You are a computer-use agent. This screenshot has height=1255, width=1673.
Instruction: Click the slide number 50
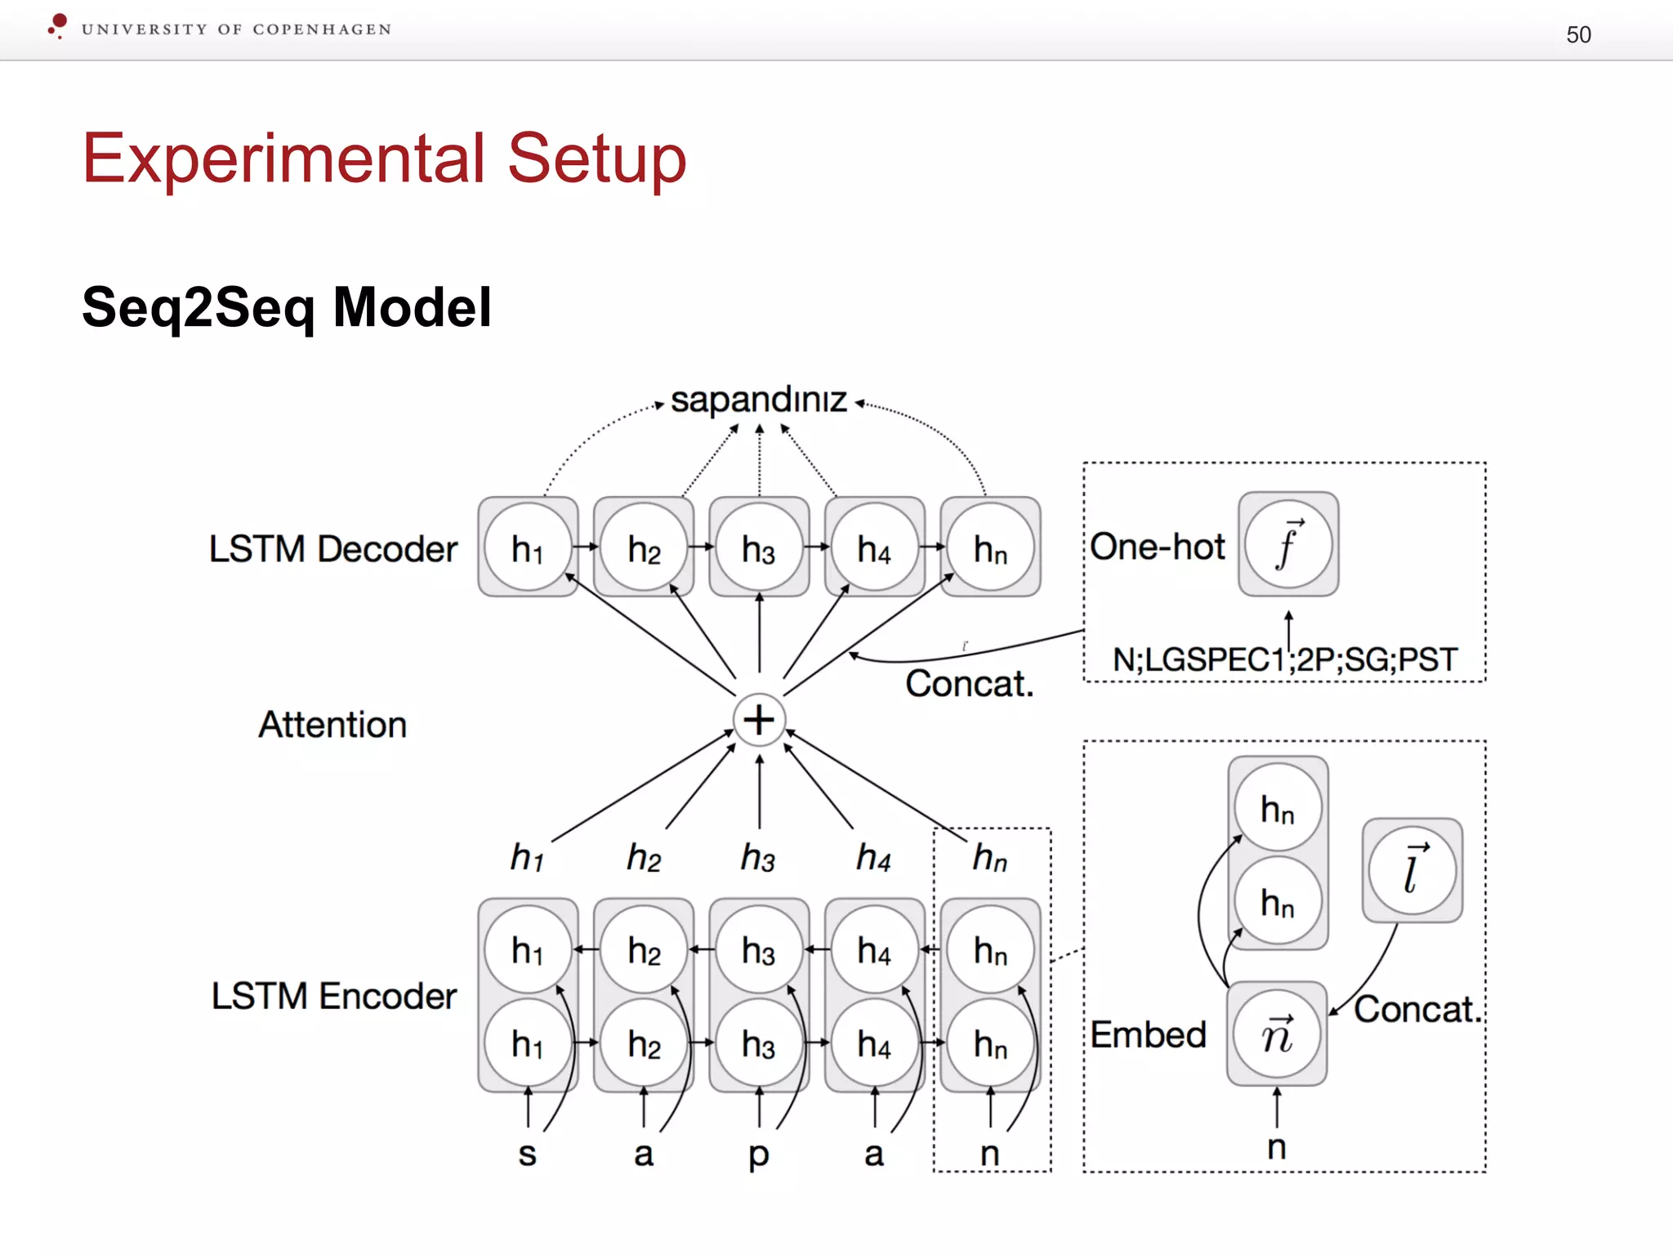[x=1578, y=34]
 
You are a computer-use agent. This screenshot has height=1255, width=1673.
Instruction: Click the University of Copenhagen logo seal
[x=57, y=26]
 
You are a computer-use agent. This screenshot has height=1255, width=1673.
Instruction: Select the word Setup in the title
[x=596, y=159]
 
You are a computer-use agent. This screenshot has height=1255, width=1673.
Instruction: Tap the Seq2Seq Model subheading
[x=287, y=307]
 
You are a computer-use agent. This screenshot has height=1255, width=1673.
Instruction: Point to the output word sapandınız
[x=759, y=400]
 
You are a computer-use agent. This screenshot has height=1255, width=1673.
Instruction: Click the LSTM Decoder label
[x=332, y=549]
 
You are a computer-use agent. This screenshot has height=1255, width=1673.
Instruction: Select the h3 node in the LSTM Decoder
[x=759, y=547]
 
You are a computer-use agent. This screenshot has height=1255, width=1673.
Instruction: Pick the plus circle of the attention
[x=759, y=720]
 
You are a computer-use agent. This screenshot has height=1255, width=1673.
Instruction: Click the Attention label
[x=332, y=725]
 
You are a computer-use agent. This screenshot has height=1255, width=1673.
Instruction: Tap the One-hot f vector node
[x=1288, y=544]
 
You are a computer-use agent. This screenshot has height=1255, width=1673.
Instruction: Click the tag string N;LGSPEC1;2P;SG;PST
[x=1284, y=659]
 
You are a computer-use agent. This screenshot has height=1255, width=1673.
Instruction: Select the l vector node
[x=1412, y=871]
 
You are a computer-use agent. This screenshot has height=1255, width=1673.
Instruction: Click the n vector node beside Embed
[x=1277, y=1034]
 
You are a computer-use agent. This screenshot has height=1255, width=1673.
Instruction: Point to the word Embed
[x=1148, y=1035]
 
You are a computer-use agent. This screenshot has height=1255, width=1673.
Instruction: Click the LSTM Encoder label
[x=334, y=996]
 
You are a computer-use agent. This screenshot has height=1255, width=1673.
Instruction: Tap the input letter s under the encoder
[x=528, y=1154]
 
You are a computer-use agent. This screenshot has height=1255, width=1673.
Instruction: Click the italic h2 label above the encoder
[x=644, y=858]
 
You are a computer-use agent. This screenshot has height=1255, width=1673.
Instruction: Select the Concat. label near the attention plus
[x=970, y=684]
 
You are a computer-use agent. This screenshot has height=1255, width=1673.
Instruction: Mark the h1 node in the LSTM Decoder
[x=528, y=547]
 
